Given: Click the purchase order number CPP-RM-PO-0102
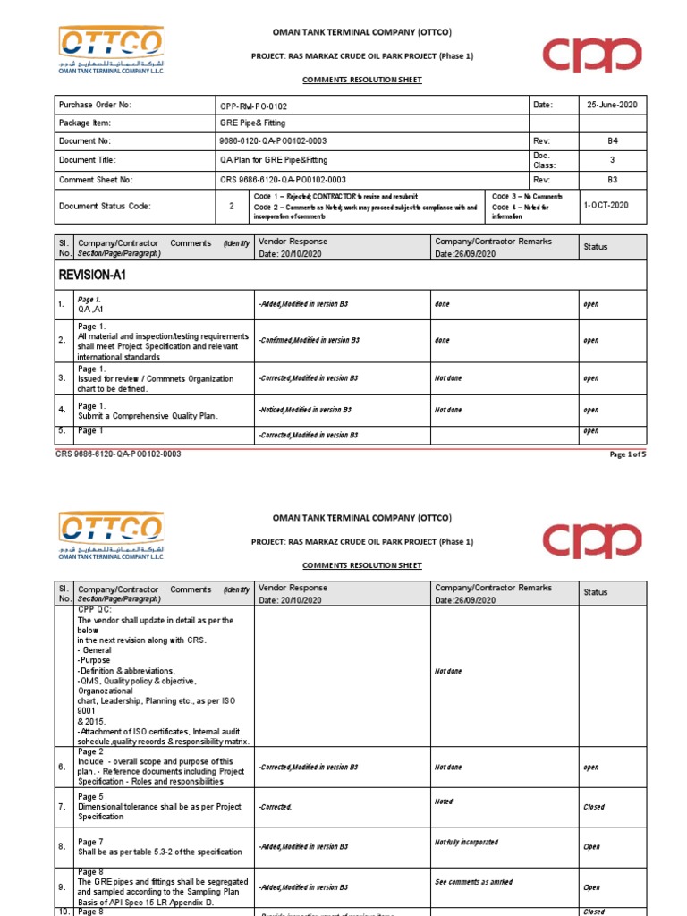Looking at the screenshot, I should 254,106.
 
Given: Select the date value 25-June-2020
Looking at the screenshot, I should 613,106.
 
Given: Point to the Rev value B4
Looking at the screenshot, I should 613,141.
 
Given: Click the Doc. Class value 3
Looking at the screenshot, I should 613,160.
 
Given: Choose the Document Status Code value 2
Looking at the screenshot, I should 233,205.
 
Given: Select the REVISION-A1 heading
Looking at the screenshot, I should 92,276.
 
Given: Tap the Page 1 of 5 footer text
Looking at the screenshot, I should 627,454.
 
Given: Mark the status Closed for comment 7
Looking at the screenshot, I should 594,807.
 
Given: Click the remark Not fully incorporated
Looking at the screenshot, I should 466,843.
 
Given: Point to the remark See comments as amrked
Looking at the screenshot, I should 473,881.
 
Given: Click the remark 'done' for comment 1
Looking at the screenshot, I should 442,304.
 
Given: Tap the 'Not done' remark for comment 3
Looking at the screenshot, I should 448,378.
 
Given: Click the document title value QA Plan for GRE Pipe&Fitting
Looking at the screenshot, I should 274,160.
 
